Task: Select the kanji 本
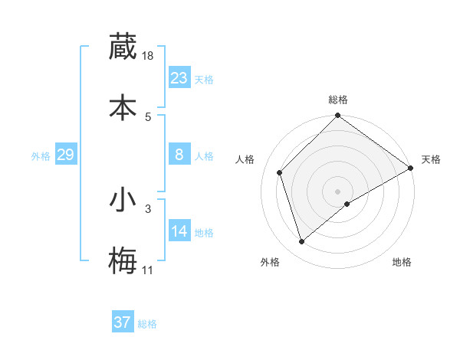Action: click(123, 106)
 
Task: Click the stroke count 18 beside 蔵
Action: click(149, 56)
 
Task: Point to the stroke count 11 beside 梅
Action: click(148, 270)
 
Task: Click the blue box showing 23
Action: click(179, 78)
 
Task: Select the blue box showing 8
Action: click(179, 155)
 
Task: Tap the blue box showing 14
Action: click(179, 231)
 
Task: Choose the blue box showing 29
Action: click(65, 155)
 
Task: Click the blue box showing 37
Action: click(123, 322)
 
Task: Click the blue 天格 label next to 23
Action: click(204, 80)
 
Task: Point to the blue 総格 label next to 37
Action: click(147, 324)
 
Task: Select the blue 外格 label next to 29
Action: click(41, 156)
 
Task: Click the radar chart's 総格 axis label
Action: click(338, 100)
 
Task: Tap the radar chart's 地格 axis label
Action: click(402, 262)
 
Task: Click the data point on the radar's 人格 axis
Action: click(280, 172)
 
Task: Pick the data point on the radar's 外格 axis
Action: click(301, 242)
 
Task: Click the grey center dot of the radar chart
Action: click(338, 191)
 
